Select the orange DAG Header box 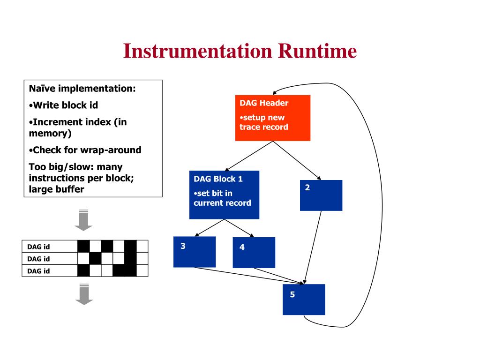click(x=272, y=118)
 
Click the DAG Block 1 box click(x=224, y=195)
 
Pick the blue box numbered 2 click(x=321, y=195)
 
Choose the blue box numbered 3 click(x=194, y=252)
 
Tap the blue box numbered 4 click(x=254, y=253)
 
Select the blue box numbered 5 click(x=303, y=300)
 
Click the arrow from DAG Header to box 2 click(x=297, y=161)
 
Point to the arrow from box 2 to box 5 click(x=313, y=247)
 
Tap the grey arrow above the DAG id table click(x=83, y=220)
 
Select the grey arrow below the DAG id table click(x=84, y=294)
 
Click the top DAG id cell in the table click(x=49, y=247)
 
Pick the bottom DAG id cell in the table click(x=49, y=270)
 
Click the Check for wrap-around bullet click(x=85, y=150)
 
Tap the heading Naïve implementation click(x=82, y=89)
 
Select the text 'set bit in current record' click(x=222, y=198)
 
